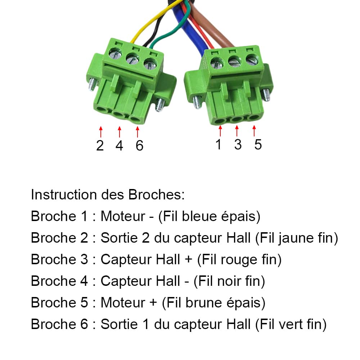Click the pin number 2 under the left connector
(x=100, y=145)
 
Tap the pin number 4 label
(x=119, y=145)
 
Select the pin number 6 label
(x=139, y=145)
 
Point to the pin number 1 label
(x=219, y=144)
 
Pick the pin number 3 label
(x=238, y=144)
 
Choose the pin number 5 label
(x=258, y=144)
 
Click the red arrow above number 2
(x=100, y=131)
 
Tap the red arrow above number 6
(x=138, y=131)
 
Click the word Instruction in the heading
(x=63, y=195)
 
